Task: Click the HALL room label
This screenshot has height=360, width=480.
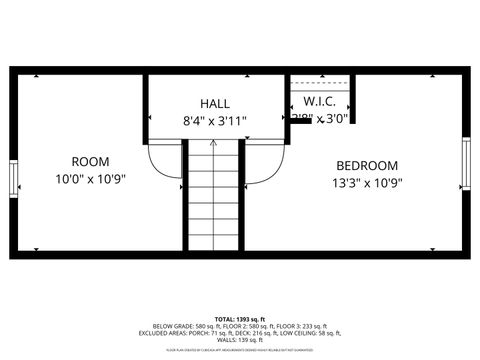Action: tap(214, 103)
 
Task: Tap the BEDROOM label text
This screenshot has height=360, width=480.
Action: tap(366, 166)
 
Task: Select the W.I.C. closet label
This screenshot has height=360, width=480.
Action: tap(318, 101)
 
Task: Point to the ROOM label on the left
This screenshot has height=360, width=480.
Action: tap(90, 161)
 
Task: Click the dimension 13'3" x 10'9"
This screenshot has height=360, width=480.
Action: tap(366, 183)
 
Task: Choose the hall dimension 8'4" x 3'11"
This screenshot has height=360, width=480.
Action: tap(214, 120)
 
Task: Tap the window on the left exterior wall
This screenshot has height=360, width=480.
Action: tap(13, 179)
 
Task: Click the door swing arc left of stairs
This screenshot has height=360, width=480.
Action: tap(165, 162)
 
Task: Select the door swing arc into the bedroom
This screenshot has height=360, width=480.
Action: tap(264, 162)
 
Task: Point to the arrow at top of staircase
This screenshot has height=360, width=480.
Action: tap(214, 145)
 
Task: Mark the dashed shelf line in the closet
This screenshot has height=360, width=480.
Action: tap(320, 83)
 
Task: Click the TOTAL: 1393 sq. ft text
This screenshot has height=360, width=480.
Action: tap(240, 318)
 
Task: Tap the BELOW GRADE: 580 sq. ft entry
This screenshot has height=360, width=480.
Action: tap(188, 326)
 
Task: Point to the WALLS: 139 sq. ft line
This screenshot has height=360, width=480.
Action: tap(240, 342)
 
